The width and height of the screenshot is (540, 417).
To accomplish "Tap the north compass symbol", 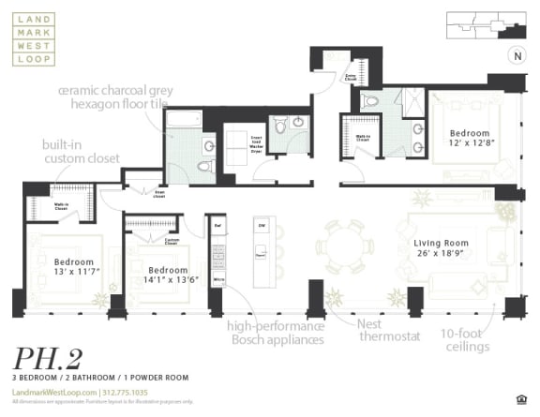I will coord(515,55).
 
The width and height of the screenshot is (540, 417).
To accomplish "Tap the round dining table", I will coord(343,247).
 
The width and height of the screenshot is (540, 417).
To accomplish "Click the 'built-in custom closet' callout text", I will coord(81,152).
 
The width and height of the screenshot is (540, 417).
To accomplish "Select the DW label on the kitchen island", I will coord(263,226).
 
